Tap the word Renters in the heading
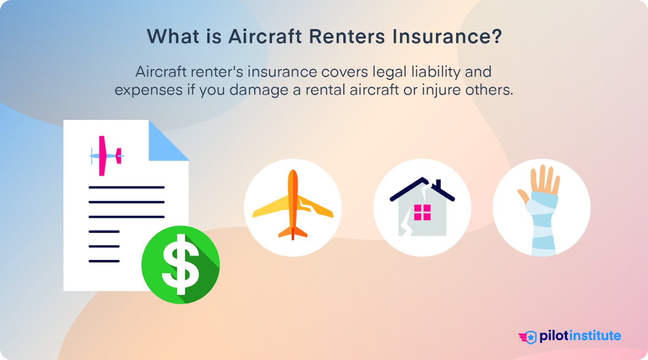(347, 37)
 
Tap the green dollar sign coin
(181, 265)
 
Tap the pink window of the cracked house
(422, 212)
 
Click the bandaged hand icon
(542, 209)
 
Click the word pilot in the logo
(554, 336)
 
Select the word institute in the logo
(595, 336)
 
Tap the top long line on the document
(127, 187)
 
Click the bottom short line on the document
(104, 261)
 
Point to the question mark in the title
(497, 37)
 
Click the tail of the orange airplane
(293, 233)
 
